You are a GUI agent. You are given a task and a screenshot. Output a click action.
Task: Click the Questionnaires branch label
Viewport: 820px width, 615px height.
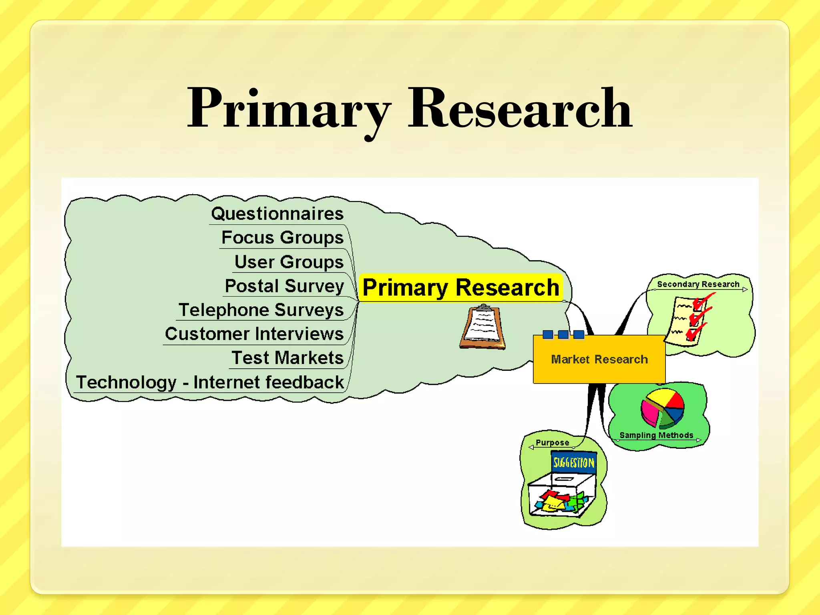(x=277, y=213)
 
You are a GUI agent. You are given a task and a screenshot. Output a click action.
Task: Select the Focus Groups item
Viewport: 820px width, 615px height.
(x=282, y=237)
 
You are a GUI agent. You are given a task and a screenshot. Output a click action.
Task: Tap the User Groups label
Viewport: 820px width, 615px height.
(x=289, y=262)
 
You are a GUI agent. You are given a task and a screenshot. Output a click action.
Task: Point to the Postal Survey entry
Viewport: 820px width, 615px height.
(x=284, y=286)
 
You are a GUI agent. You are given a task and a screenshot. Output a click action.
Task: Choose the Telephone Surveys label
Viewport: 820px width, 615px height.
(x=261, y=310)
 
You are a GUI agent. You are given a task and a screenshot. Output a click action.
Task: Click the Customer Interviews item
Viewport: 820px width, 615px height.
(x=254, y=334)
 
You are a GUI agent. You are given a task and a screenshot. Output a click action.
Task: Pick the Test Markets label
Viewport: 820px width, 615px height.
(x=287, y=358)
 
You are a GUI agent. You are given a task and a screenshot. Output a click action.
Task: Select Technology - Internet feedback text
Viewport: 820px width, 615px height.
(x=210, y=382)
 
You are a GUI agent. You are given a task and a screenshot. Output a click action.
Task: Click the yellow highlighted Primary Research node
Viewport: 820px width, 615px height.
(x=461, y=287)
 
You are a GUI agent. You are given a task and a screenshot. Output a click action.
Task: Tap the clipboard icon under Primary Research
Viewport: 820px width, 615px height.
(x=483, y=327)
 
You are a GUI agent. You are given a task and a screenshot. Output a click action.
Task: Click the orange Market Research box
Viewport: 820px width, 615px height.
(x=599, y=359)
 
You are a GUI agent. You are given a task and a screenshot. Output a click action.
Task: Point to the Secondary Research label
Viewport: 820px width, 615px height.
(x=698, y=284)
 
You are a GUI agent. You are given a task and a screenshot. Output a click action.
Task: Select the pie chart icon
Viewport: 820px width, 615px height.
(x=663, y=408)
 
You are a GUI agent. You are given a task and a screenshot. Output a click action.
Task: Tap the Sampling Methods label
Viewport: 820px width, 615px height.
(x=656, y=435)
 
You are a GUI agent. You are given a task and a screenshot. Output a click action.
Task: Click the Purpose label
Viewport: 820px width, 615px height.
(x=552, y=442)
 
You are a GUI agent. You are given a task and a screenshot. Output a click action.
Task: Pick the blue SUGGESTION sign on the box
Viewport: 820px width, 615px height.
(x=574, y=463)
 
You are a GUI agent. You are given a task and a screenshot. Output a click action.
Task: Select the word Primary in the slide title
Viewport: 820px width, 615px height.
(x=289, y=109)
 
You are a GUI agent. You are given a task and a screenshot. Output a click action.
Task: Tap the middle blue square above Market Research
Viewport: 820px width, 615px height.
(x=563, y=334)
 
